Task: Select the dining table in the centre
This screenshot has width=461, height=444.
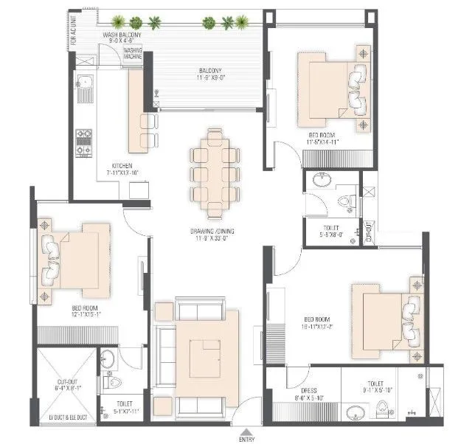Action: coord(215,172)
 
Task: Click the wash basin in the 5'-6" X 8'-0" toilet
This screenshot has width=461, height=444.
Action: coord(322,180)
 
